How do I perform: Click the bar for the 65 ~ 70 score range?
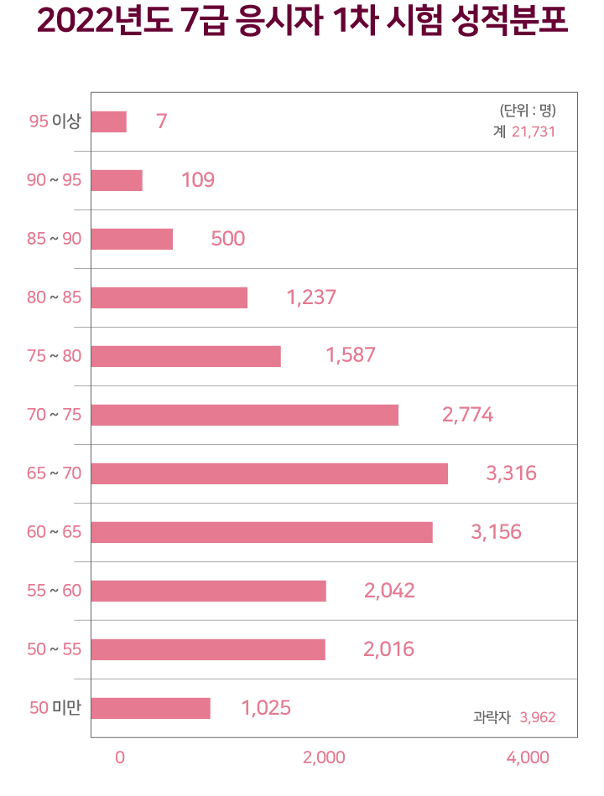pos(269,473)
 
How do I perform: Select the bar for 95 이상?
pos(109,121)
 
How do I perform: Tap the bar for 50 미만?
pos(151,708)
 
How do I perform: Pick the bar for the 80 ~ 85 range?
pos(169,297)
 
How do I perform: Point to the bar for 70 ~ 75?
pos(245,415)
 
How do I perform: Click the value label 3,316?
pos(511,473)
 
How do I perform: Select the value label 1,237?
pos(311,297)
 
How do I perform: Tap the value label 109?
pos(198,180)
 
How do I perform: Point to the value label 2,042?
pos(389,591)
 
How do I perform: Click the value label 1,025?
pos(266,708)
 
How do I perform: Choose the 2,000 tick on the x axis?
pos(324,757)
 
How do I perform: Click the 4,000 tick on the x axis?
pos(528,757)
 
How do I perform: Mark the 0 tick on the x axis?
pos(120,757)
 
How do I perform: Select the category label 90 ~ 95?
pos(55,180)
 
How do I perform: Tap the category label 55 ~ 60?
pos(55,591)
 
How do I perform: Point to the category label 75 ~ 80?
pos(55,356)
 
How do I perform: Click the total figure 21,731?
pos(534,132)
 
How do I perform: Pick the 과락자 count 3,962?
pos(538,717)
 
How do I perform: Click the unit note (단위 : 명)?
pos(528,110)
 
